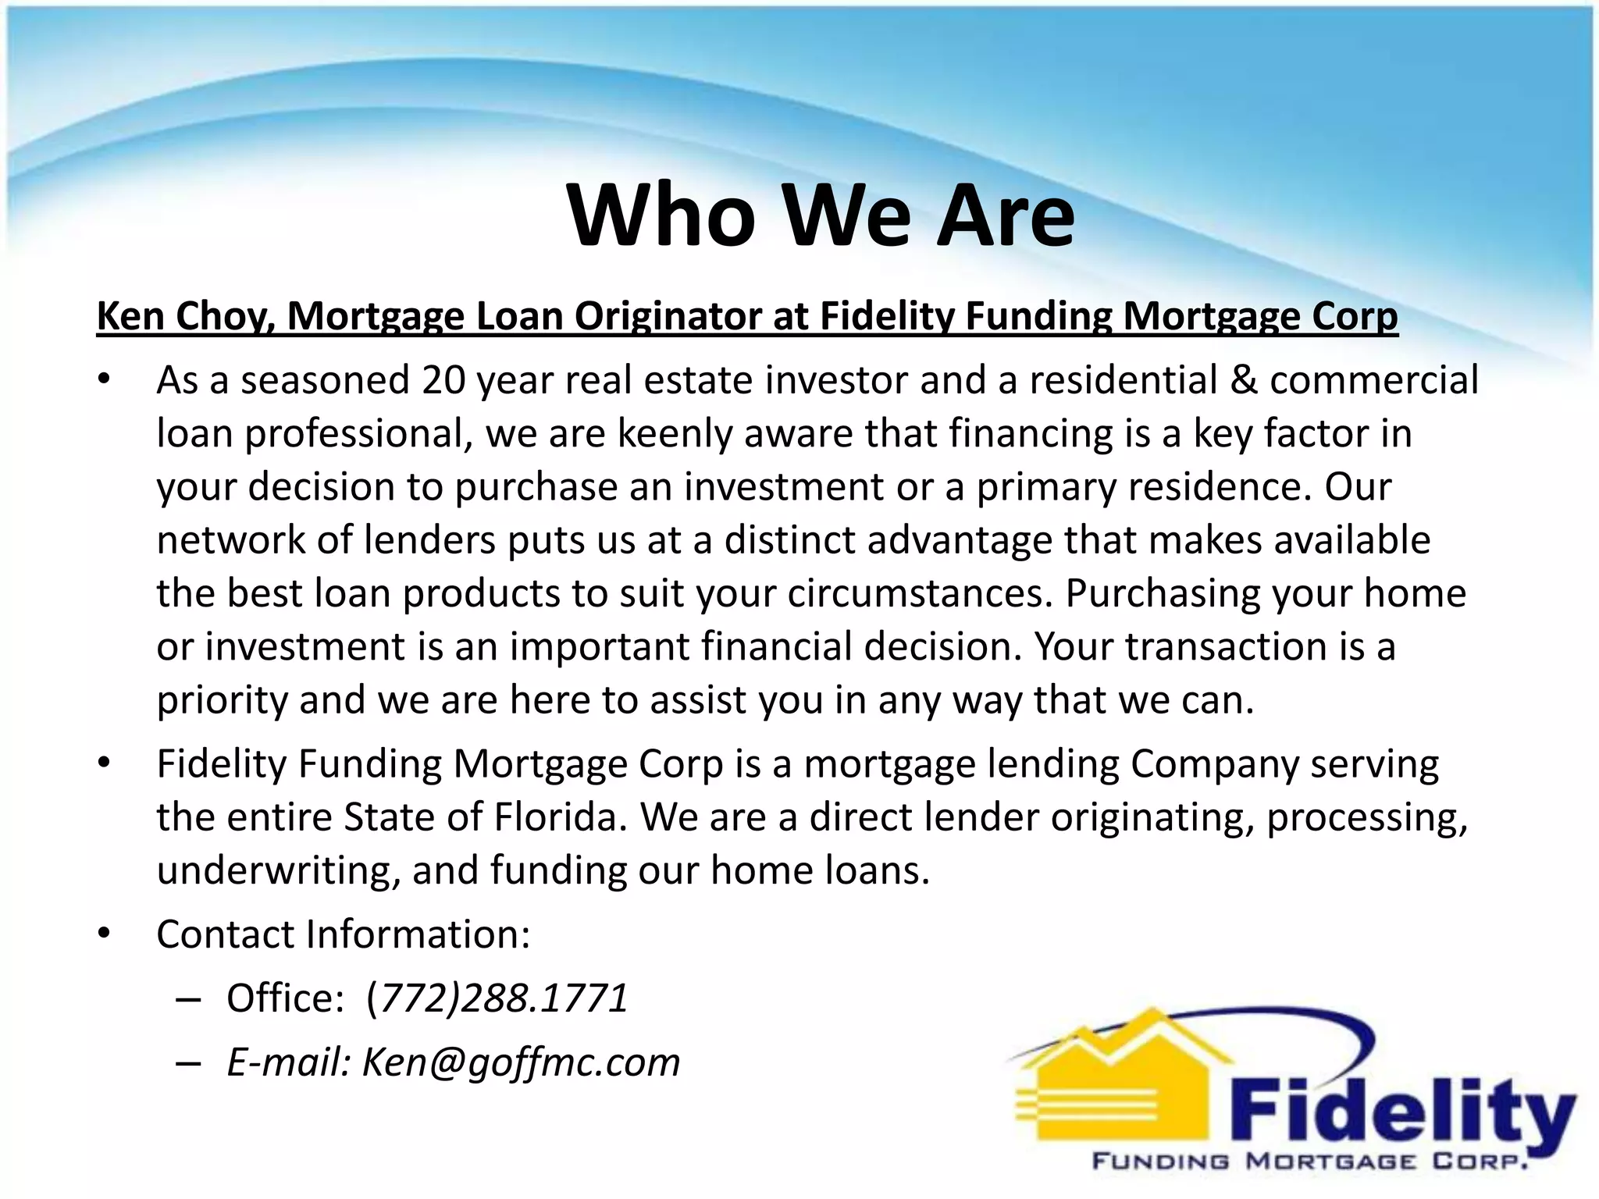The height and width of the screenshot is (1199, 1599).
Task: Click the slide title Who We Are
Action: pyautogui.click(x=820, y=215)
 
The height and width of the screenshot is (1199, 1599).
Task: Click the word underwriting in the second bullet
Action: pyautogui.click(x=279, y=870)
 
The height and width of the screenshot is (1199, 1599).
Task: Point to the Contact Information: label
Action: pyautogui.click(x=344, y=934)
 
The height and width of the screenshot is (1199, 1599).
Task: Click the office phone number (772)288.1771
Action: pyautogui.click(x=497, y=998)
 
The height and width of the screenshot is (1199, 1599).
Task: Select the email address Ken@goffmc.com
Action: pyautogui.click(x=521, y=1062)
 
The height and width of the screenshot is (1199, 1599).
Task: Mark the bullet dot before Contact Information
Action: pyautogui.click(x=105, y=934)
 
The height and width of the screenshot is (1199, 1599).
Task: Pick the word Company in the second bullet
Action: pyautogui.click(x=1213, y=764)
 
